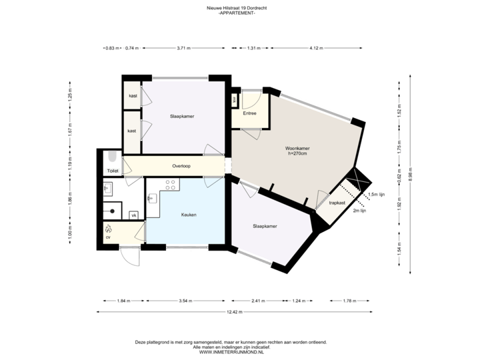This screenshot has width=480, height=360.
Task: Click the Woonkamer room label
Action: (298, 148)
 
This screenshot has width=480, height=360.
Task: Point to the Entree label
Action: (250, 113)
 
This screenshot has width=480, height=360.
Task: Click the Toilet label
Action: (112, 171)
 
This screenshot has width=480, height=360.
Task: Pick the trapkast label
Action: (337, 202)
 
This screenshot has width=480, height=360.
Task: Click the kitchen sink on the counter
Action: (152, 198)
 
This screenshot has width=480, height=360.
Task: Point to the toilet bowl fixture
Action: (112, 159)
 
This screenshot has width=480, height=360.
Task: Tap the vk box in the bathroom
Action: (133, 215)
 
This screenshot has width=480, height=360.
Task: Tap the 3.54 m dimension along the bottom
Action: (185, 301)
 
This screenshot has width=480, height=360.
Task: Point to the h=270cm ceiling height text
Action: (298, 154)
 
